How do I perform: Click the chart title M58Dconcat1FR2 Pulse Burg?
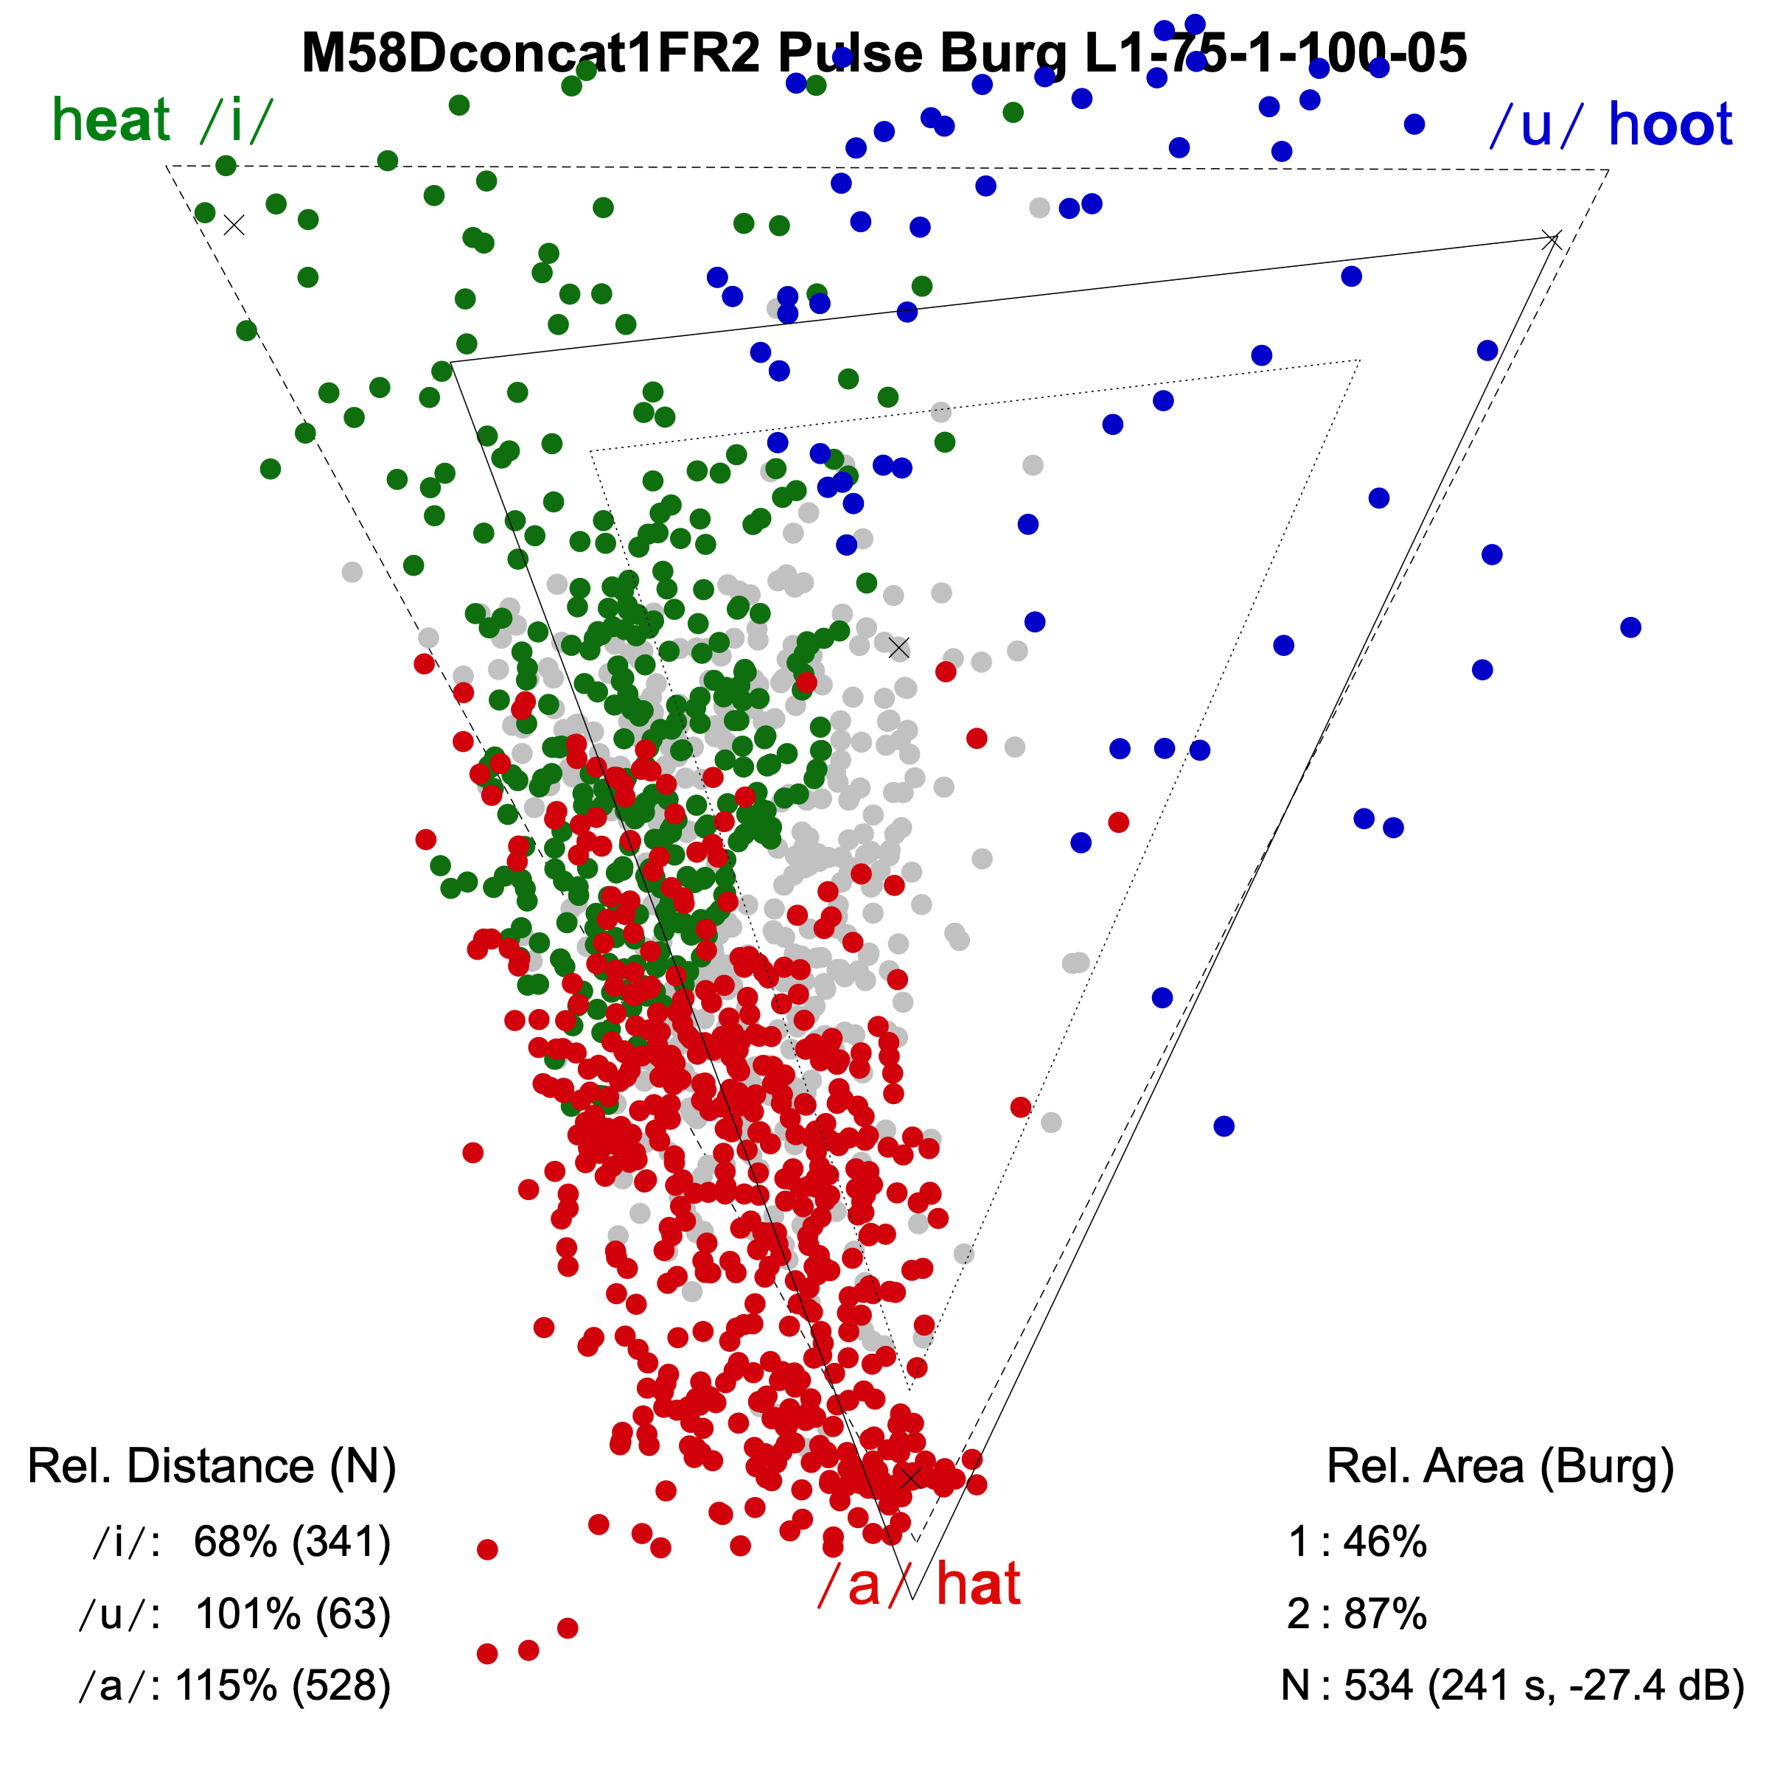coord(884,53)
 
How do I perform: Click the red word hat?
coord(978,1585)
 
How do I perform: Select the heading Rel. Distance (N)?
coord(212,1466)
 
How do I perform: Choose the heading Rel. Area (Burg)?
coord(1500,1466)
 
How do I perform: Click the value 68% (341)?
coord(292,1542)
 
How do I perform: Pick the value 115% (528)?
coord(283,1685)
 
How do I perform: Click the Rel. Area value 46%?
coord(1384,1542)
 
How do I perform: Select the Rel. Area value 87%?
coord(1384,1613)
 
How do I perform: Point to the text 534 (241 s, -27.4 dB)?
coord(1543,1685)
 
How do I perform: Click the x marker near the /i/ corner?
coord(234,224)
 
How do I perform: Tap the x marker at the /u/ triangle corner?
coord(1551,240)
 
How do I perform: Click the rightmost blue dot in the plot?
coord(1630,627)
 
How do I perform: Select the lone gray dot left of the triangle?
coord(352,572)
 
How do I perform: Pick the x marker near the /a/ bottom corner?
coord(910,1478)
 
